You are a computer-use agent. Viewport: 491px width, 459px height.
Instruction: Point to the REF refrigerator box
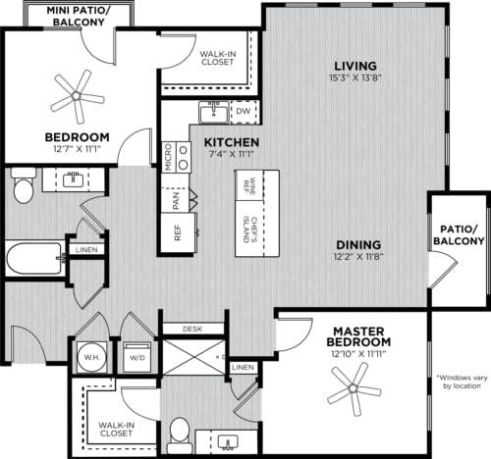coord(178,233)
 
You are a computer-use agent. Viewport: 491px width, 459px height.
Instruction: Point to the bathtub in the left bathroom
coord(31,260)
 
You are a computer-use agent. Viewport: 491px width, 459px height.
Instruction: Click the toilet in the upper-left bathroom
coord(22,183)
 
